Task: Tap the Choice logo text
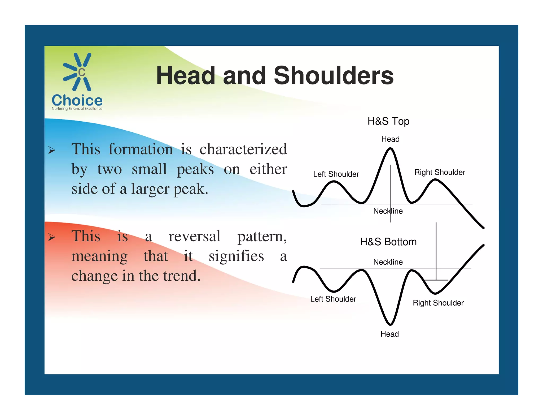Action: (77, 100)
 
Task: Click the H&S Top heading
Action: (388, 121)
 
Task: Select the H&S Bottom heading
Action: (388, 242)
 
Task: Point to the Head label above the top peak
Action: (390, 139)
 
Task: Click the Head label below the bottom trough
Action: (389, 334)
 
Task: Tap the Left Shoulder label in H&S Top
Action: (336, 174)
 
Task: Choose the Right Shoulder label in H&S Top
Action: (440, 172)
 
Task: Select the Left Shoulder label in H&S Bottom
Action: (333, 299)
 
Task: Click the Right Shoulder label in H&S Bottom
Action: (438, 303)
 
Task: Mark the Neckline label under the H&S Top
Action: (388, 211)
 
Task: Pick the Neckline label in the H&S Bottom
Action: (388, 262)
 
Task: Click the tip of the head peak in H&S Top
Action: (390, 149)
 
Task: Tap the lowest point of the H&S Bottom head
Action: (390, 324)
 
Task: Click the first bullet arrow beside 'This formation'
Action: (51, 151)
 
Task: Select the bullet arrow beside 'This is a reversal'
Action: (51, 237)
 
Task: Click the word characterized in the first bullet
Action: (243, 149)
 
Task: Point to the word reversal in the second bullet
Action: (194, 236)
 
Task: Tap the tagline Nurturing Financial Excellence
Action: (77, 109)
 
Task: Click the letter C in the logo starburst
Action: (81, 72)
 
